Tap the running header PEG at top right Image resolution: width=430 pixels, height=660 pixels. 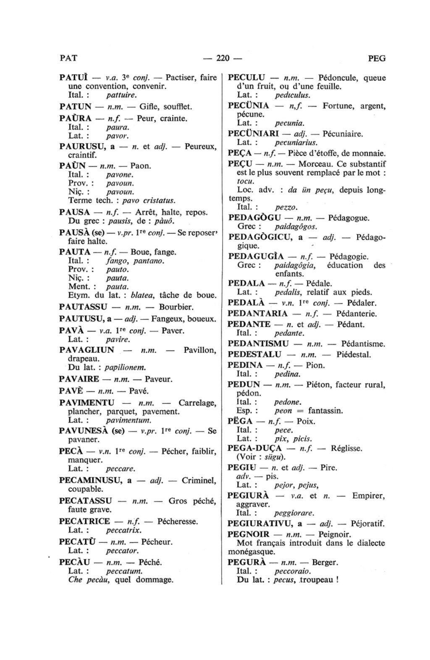pyautogui.click(x=376, y=58)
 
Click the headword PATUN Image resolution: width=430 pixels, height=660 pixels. pyautogui.click(x=76, y=107)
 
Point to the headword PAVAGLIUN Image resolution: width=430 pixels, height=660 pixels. pyautogui.click(x=87, y=350)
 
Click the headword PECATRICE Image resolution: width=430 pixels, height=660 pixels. pyautogui.click(x=84, y=521)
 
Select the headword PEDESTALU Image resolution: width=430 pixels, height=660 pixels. pyautogui.click(x=254, y=354)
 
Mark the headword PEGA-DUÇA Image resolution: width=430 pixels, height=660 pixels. pyautogui.click(x=254, y=448)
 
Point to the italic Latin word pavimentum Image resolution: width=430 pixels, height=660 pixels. pyautogui.click(x=128, y=420)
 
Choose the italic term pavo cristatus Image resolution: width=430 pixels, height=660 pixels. pyautogui.click(x=151, y=200)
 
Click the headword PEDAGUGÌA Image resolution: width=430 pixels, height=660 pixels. pyautogui.click(x=256, y=256)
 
